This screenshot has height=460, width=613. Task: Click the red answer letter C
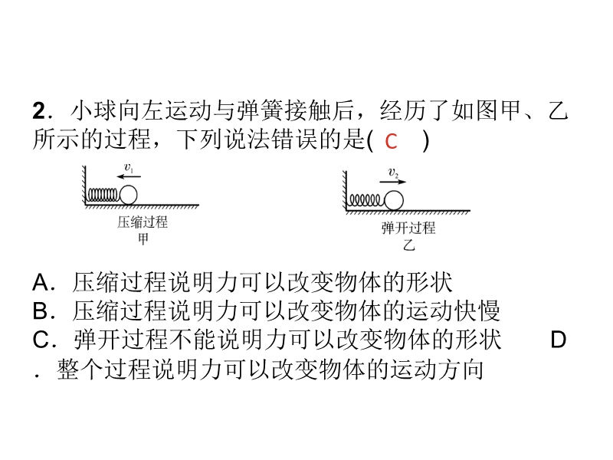point(391,141)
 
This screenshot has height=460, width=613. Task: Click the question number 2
point(39,110)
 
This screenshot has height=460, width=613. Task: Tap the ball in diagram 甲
point(128,195)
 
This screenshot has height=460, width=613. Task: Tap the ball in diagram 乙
point(394,201)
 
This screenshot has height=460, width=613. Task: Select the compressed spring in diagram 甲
point(103,195)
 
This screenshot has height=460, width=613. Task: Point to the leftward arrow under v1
point(129,176)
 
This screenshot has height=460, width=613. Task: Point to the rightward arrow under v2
point(393,182)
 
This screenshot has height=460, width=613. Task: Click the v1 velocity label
point(129,168)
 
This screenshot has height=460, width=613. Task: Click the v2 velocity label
point(393,173)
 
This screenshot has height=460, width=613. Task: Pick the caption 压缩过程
point(143,222)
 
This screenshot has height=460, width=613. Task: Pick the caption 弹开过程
point(408,228)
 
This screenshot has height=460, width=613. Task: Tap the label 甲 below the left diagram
point(143,238)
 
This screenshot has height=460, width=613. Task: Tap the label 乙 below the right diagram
point(408,245)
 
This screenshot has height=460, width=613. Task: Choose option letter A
point(41,282)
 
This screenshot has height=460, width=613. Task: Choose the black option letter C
point(41,340)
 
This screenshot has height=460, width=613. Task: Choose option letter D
point(558,340)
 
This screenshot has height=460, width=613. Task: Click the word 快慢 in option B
point(477,311)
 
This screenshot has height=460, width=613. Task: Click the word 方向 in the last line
point(461,369)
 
